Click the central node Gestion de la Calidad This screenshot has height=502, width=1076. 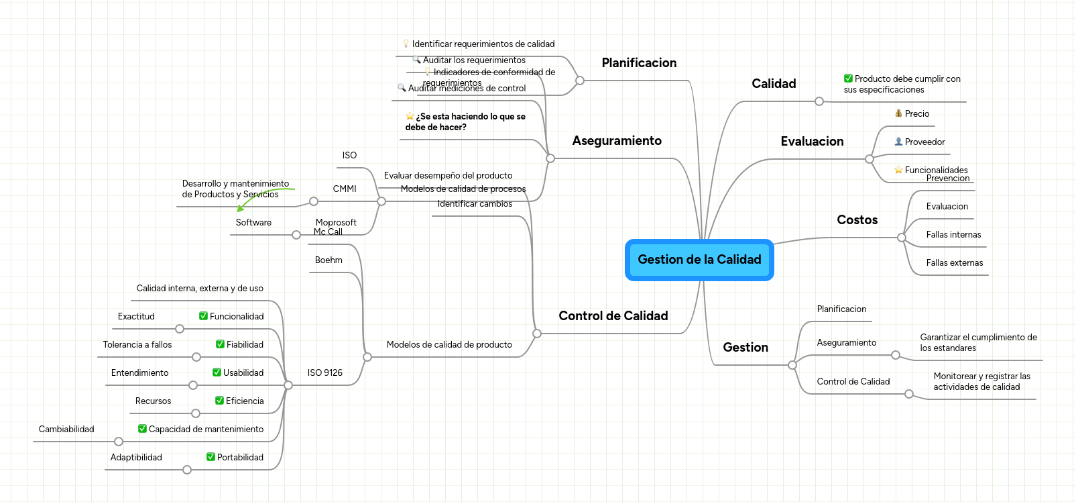(x=699, y=260)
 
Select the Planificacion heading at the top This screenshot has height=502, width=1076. (x=639, y=63)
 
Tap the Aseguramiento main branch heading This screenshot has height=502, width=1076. (x=617, y=141)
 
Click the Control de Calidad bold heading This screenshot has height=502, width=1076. (x=613, y=316)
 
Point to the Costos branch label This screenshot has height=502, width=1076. (x=857, y=220)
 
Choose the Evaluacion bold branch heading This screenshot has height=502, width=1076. (x=812, y=142)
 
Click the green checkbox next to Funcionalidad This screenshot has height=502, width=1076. (x=203, y=316)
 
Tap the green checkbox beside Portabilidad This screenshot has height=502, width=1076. (x=211, y=457)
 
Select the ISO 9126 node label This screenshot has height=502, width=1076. (x=324, y=373)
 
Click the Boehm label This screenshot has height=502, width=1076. (x=328, y=260)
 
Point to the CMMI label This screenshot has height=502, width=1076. (x=345, y=189)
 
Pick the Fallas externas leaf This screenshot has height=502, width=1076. (x=954, y=263)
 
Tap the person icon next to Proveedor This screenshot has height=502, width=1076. (x=898, y=142)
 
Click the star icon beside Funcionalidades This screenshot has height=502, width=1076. (x=898, y=170)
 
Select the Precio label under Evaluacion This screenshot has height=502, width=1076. (x=916, y=114)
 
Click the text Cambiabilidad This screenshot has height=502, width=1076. (x=66, y=430)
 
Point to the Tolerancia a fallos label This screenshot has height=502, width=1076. (x=137, y=345)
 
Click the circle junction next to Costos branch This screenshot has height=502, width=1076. (x=902, y=238)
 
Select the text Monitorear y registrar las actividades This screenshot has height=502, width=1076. (x=981, y=382)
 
